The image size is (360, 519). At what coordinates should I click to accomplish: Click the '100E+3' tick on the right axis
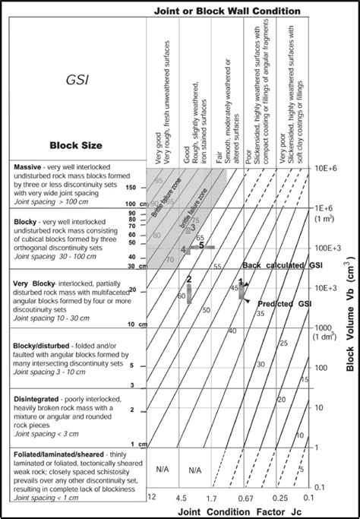tap(331, 248)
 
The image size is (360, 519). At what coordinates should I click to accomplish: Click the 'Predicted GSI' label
tap(285, 303)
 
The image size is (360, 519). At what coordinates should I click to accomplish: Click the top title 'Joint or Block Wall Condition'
tap(227, 11)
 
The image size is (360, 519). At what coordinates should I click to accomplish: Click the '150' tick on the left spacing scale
tap(131, 186)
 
